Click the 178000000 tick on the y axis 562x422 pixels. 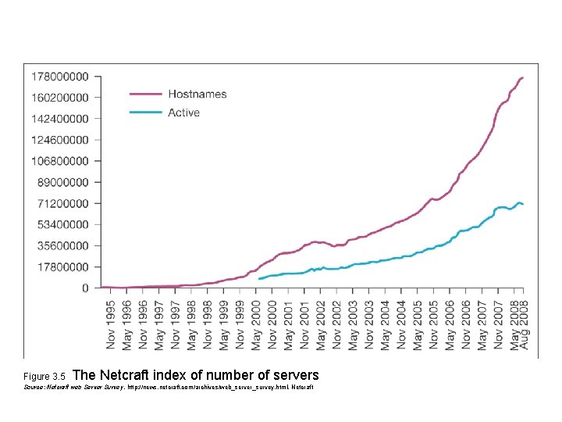[x=59, y=77]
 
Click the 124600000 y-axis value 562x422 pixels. [x=59, y=140]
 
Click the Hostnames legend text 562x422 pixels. [x=197, y=94]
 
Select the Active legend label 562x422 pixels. [x=183, y=113]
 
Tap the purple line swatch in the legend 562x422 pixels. [x=144, y=94]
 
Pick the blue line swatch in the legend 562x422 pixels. [x=144, y=113]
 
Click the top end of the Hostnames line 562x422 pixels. [x=523, y=77]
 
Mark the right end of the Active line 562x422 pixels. [x=523, y=204]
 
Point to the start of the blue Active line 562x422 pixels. [x=259, y=278]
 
